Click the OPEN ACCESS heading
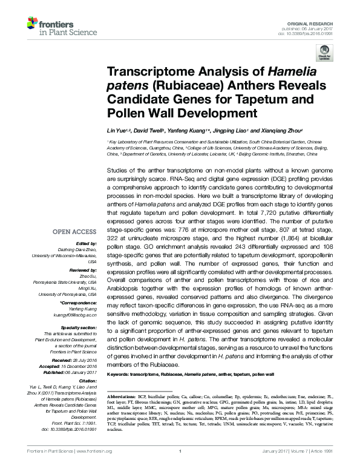pyautogui.click(x=74, y=231)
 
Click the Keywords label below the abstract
pyautogui.click(x=122, y=376)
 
